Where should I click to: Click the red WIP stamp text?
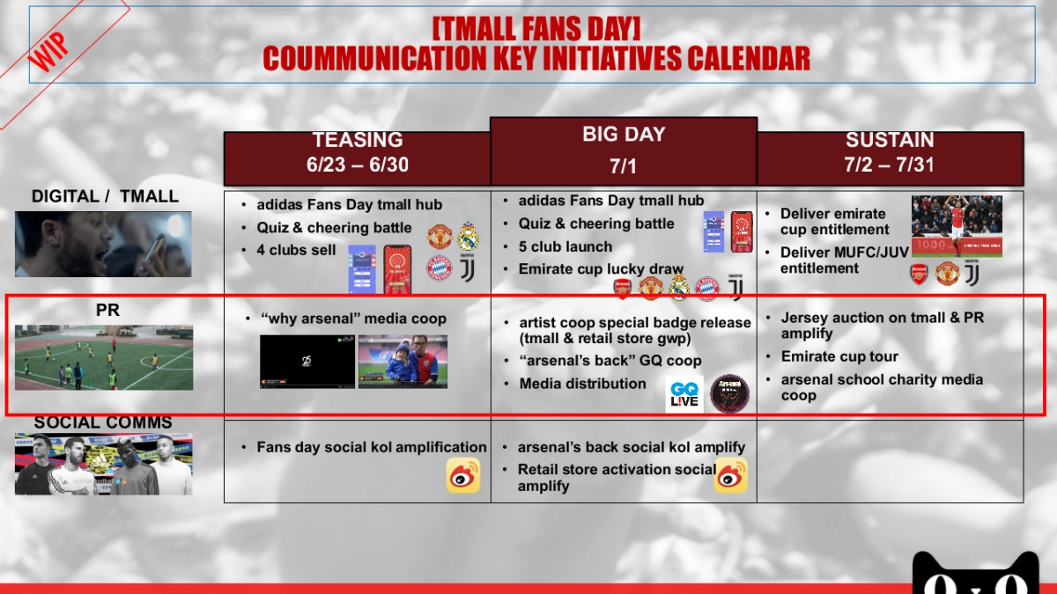[x=48, y=51]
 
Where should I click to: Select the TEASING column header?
[x=358, y=140]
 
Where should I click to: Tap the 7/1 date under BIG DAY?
[x=623, y=166]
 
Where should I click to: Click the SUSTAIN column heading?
[x=890, y=140]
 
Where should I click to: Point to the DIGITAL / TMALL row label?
[x=105, y=196]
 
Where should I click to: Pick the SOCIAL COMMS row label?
[x=103, y=422]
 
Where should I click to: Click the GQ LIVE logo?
[x=684, y=394]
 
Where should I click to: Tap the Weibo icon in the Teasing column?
[x=463, y=475]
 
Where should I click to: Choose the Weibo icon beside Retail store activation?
[x=730, y=475]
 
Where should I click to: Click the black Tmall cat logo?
[x=975, y=573]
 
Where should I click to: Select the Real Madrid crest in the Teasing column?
[x=468, y=236]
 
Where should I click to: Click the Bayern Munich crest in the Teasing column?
[x=440, y=268]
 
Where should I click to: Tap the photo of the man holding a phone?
[x=103, y=245]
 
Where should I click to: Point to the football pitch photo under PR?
[x=104, y=357]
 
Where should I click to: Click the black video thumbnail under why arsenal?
[x=307, y=362]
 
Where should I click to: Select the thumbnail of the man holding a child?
[x=403, y=362]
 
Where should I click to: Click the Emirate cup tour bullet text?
[x=839, y=356]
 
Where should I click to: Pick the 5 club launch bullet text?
[x=565, y=246]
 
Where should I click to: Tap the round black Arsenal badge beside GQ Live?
[x=729, y=394]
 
